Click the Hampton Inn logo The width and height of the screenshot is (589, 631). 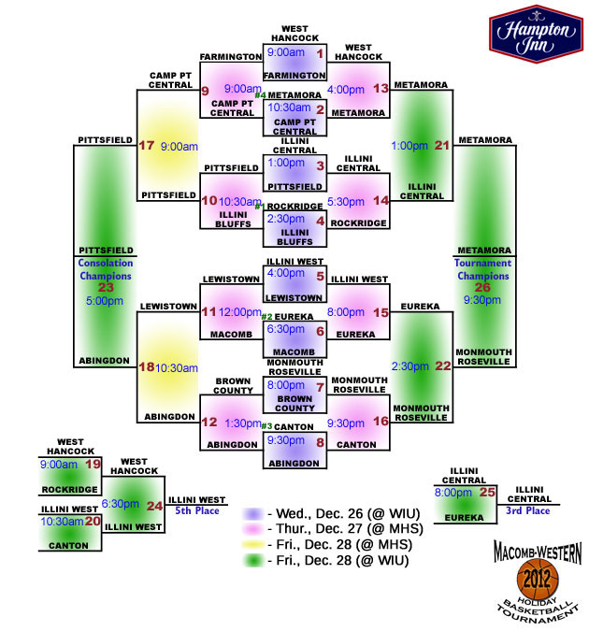coord(536,34)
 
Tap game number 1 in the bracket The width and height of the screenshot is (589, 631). coord(320,53)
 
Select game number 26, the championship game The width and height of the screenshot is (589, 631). coord(482,287)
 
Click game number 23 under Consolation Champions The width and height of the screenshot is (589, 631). coord(106,287)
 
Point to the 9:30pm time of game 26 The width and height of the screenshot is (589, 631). coord(482,300)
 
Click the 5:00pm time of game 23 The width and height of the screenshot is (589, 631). coord(105,301)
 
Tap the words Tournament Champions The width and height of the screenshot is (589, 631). coord(483,269)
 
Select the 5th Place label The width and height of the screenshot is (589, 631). coord(197,510)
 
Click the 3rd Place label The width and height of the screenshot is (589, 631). coord(528,510)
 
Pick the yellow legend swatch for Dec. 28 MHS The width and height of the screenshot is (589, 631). coord(252,544)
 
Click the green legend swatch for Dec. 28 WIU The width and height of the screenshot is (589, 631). coord(253,560)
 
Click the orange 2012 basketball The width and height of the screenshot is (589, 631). coord(538,579)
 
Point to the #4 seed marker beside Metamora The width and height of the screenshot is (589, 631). coord(260,95)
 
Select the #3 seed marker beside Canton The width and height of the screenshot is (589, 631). coord(266,426)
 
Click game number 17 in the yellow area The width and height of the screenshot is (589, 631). coord(146,145)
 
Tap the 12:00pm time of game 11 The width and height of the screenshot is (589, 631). coord(240,312)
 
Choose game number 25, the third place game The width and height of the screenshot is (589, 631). coord(487,492)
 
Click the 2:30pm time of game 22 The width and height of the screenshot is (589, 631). coord(409,366)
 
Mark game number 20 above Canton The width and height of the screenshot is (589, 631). coord(93,521)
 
